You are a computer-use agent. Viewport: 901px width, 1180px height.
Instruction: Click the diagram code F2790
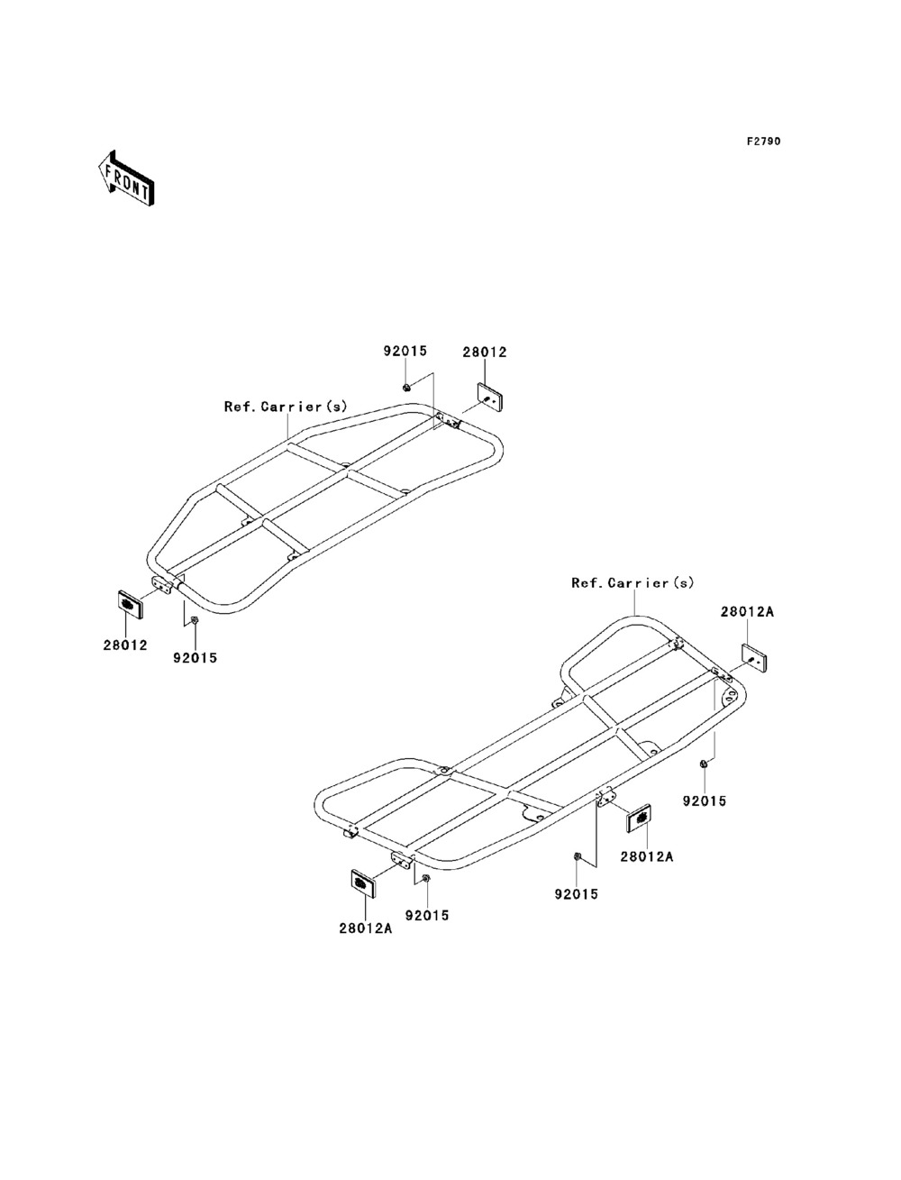[x=762, y=142]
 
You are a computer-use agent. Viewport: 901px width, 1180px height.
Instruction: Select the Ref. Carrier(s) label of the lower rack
[x=633, y=583]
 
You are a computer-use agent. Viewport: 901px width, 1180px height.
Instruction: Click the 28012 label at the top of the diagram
[x=485, y=352]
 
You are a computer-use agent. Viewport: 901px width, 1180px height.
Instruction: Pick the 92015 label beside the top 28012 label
[x=405, y=352]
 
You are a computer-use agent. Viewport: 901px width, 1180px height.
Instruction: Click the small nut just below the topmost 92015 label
[x=406, y=388]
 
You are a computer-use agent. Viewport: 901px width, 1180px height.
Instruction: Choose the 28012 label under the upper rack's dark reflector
[x=124, y=645]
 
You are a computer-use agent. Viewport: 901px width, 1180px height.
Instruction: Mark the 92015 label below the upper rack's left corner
[x=195, y=658]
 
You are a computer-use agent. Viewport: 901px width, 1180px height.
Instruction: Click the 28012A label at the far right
[x=747, y=611]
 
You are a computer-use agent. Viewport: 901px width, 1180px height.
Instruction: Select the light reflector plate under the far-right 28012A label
[x=755, y=657]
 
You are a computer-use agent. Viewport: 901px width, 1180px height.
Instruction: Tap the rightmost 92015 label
[x=704, y=800]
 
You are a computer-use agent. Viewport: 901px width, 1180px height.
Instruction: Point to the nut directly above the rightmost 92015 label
[x=704, y=765]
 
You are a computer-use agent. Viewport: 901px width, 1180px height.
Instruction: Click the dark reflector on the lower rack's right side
[x=639, y=819]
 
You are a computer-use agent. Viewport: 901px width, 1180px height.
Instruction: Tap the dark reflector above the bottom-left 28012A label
[x=363, y=883]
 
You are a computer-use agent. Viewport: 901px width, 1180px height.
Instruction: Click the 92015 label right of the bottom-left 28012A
[x=426, y=916]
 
